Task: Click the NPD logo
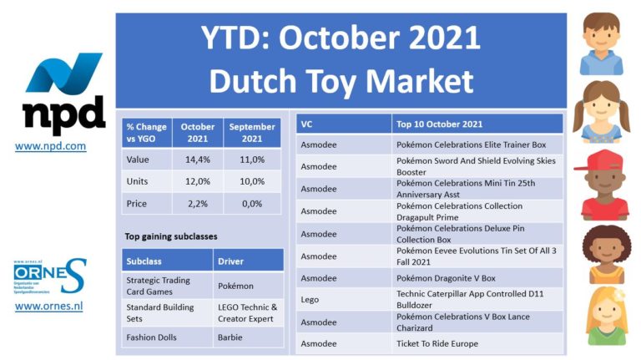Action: tap(63, 94)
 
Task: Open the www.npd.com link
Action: tap(50, 146)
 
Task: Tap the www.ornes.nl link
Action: tap(48, 306)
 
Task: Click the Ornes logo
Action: tap(49, 276)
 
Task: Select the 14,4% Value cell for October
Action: tap(198, 160)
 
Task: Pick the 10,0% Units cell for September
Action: tap(252, 181)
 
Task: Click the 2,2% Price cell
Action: tap(198, 203)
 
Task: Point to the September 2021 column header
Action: tap(252, 133)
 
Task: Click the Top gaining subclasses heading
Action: tap(171, 236)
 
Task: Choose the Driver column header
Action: tap(248, 261)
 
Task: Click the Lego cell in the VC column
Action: tap(310, 300)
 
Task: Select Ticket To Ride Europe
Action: tap(437, 343)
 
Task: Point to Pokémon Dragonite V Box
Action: tap(446, 278)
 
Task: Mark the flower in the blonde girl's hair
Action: tap(620, 295)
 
